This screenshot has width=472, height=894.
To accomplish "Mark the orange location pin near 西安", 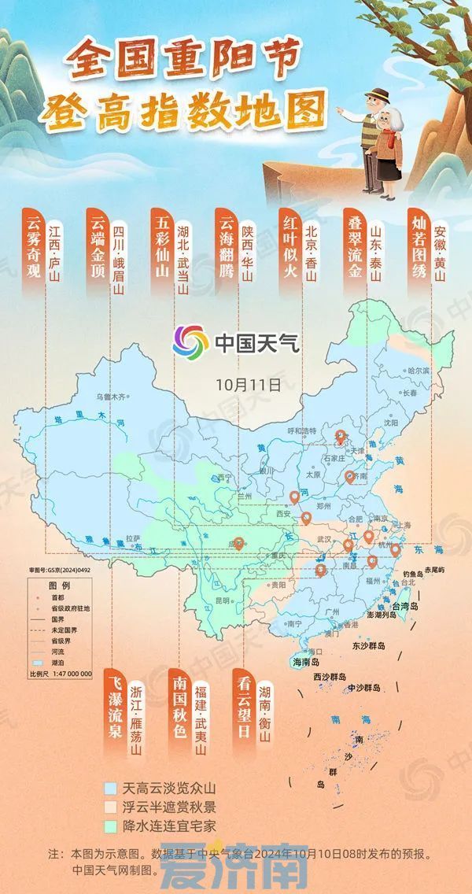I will tap(295, 497).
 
